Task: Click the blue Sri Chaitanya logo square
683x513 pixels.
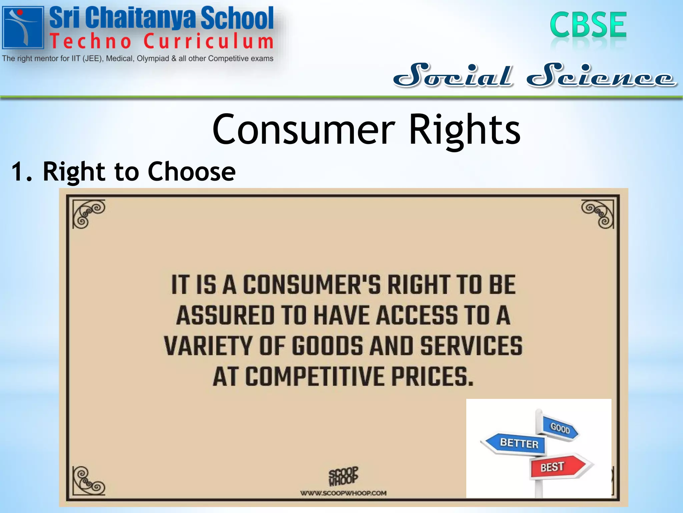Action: click(x=23, y=28)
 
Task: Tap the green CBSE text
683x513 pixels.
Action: click(x=588, y=25)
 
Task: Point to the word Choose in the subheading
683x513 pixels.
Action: click(x=191, y=171)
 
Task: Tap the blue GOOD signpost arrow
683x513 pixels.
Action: click(x=560, y=427)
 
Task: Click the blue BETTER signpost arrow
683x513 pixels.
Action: click(x=515, y=443)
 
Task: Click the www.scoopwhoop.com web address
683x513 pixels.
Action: click(x=343, y=493)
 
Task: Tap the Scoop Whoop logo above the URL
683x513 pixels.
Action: click(x=343, y=476)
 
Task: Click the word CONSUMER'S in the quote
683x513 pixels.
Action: click(x=312, y=285)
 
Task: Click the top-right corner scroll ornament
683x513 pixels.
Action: click(x=598, y=213)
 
